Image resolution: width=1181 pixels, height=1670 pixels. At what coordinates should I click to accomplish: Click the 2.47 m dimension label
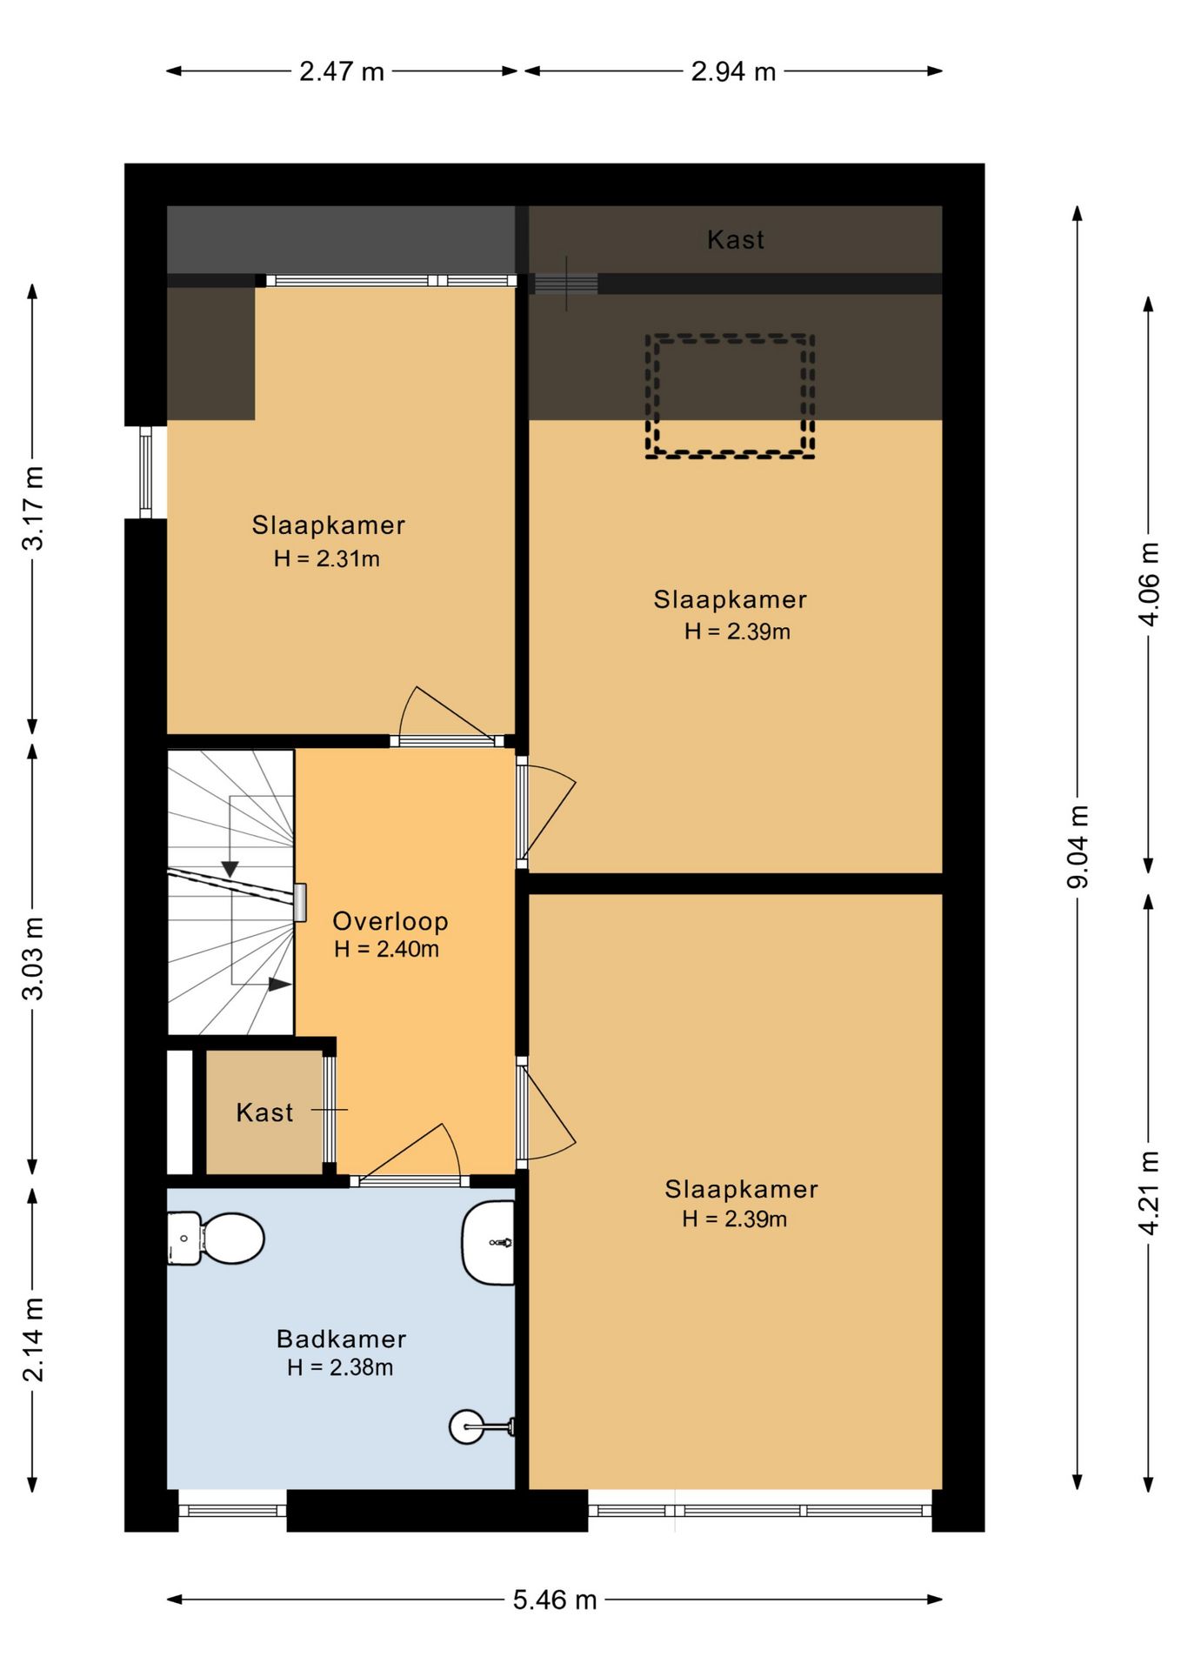(x=342, y=71)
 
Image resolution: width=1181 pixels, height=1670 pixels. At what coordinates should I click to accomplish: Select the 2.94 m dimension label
(x=733, y=71)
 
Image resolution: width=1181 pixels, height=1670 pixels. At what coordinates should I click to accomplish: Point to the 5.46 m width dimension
(x=555, y=1600)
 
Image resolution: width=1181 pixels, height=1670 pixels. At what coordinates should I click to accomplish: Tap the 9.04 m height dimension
(x=1078, y=846)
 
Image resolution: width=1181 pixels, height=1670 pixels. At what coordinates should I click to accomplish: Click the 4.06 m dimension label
(x=1150, y=584)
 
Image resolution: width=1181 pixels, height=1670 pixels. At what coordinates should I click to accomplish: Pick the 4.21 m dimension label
(x=1150, y=1192)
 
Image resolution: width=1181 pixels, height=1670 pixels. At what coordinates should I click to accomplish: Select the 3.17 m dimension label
(x=33, y=508)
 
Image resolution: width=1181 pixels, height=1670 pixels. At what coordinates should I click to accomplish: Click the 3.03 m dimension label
(x=33, y=959)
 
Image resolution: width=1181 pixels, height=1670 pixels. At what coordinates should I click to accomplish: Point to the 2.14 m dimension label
(x=33, y=1339)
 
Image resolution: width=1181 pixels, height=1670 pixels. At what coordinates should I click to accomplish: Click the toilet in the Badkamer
(x=216, y=1238)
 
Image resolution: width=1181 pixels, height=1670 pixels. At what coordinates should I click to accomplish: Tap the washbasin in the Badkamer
(x=489, y=1243)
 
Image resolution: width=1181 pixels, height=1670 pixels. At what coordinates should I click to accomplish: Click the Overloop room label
(x=390, y=921)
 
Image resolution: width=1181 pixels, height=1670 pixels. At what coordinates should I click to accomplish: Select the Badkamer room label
(x=341, y=1339)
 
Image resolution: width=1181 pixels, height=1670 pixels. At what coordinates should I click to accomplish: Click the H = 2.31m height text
(x=327, y=558)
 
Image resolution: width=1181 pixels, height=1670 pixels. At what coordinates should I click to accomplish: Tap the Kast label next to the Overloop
(x=264, y=1112)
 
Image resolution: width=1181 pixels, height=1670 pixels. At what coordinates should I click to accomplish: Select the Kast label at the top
(x=736, y=240)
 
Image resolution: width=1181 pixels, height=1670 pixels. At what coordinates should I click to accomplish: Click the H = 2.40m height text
(x=386, y=949)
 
